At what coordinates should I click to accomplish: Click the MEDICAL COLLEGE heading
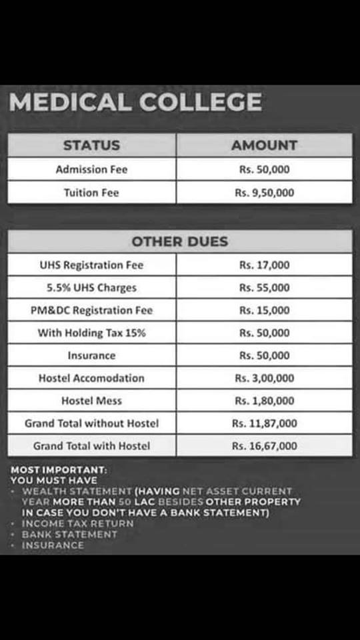coord(135,103)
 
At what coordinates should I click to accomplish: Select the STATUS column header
coord(91,145)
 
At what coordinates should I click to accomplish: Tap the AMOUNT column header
coord(265,145)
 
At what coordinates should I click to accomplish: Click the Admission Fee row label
coord(91,169)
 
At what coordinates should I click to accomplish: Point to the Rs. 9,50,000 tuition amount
coord(265,193)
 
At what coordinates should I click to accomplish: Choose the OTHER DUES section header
coord(180,241)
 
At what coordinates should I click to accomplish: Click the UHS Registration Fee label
coord(91,265)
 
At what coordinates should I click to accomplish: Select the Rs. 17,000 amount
coord(265,265)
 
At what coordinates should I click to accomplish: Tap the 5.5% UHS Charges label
coord(91,287)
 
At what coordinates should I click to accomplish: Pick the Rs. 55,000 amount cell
coord(265,287)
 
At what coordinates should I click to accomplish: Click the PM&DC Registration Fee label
coord(91,310)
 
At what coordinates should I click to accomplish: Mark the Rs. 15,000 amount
coord(265,310)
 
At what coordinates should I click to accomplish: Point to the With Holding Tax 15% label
coord(91,333)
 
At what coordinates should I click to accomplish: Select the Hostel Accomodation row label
coord(91,378)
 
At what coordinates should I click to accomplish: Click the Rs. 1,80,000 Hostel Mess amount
coord(265,401)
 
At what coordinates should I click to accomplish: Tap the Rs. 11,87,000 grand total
coord(265,423)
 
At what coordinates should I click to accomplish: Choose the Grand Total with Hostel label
coord(91,446)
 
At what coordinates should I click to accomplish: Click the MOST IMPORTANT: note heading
coord(59,470)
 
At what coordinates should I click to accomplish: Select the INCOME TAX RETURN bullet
coord(77,523)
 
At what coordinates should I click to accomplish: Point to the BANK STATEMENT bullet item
coord(69,534)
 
